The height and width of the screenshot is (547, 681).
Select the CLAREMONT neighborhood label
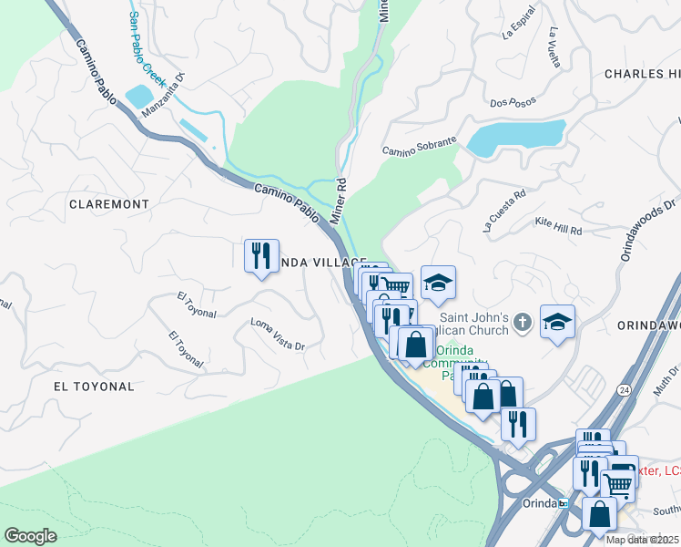click(x=109, y=204)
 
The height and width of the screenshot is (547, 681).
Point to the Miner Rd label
click(x=338, y=201)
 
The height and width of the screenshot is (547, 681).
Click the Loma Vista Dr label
click(x=278, y=335)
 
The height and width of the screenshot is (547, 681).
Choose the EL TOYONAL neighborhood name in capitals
click(x=94, y=387)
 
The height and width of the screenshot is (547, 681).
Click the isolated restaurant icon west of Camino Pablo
click(x=261, y=255)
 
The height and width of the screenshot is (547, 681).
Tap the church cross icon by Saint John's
click(x=522, y=321)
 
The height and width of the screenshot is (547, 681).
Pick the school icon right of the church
click(x=557, y=322)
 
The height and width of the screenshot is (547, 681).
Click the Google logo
click(x=31, y=535)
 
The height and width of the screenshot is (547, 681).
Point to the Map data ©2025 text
click(x=642, y=540)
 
